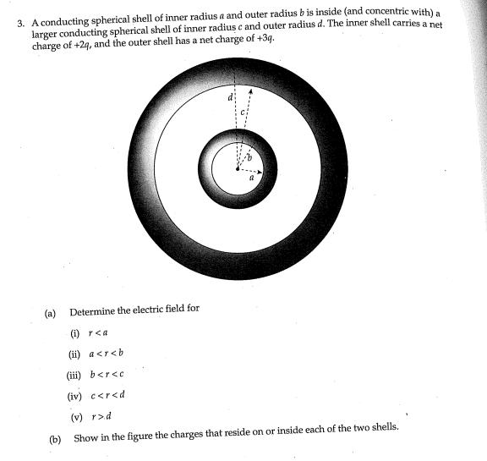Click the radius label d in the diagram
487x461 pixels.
pos(230,98)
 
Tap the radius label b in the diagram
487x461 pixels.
pos(249,158)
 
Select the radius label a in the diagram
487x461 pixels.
pos(251,178)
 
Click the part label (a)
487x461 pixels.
pos(50,312)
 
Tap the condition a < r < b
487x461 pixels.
pos(107,353)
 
